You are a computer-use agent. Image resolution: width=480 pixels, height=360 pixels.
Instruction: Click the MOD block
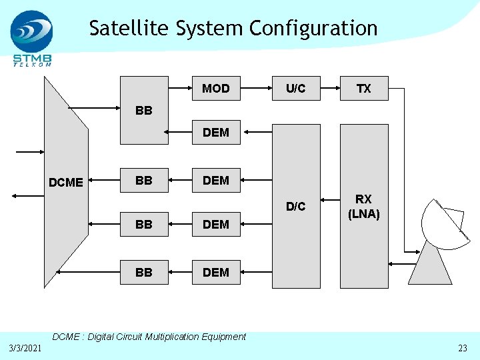(215, 89)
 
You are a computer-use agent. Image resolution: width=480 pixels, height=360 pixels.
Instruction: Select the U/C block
(296, 89)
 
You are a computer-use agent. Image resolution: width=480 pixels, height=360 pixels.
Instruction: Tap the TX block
(363, 89)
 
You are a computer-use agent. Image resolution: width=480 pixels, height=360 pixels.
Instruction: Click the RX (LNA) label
(363, 207)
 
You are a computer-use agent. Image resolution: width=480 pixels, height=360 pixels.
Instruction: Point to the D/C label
(296, 207)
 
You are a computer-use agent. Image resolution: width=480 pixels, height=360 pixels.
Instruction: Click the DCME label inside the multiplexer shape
(66, 182)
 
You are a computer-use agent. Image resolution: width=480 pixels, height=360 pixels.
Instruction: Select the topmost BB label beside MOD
(143, 111)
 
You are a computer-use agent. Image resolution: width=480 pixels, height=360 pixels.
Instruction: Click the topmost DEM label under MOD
(215, 133)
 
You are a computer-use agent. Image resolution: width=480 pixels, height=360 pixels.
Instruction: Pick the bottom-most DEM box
(215, 272)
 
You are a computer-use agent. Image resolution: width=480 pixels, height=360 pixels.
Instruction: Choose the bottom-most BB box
(143, 272)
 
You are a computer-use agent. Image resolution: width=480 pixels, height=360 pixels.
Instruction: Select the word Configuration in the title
(313, 29)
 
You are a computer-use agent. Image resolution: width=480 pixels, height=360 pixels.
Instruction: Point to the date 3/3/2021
(26, 349)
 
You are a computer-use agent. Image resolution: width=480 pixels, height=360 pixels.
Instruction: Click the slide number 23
(463, 349)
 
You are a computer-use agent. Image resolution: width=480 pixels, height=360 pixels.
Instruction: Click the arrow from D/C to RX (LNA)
(330, 199)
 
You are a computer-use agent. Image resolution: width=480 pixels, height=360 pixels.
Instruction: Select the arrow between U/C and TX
(330, 88)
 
